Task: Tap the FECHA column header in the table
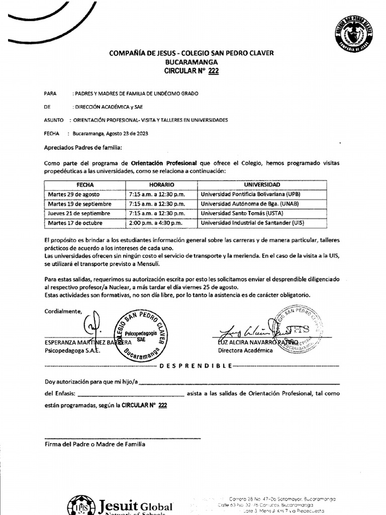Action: pyautogui.click(x=85, y=185)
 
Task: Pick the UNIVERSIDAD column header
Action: pyautogui.click(x=261, y=185)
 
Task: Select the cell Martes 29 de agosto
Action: pyautogui.click(x=74, y=194)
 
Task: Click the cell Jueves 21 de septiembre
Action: pyautogui.click(x=79, y=213)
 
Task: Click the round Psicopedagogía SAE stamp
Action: pyautogui.click(x=141, y=335)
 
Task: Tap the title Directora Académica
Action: pyautogui.click(x=245, y=351)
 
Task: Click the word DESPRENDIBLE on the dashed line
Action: pyautogui.click(x=196, y=366)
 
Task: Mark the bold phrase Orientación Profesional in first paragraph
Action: pyautogui.click(x=164, y=163)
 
